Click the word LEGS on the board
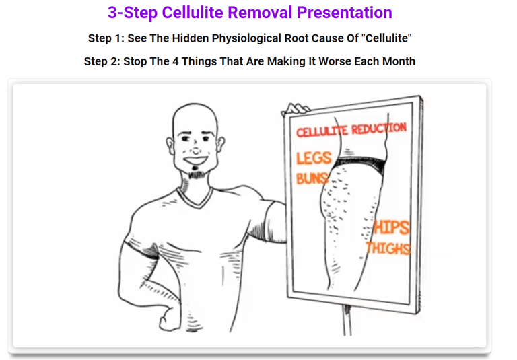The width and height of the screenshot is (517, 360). (x=314, y=158)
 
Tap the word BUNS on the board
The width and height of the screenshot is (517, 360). (x=312, y=178)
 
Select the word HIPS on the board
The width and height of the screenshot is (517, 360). (x=391, y=227)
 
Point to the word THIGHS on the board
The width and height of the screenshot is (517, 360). (x=388, y=248)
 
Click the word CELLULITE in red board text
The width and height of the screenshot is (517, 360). (x=322, y=131)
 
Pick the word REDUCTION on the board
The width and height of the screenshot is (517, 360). (x=379, y=128)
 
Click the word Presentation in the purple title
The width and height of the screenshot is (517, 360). (x=345, y=13)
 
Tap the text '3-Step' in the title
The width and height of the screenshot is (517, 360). (x=133, y=13)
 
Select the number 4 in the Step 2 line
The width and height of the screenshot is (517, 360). (x=176, y=61)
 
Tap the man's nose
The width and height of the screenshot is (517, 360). (x=196, y=149)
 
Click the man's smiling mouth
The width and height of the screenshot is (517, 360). (x=196, y=160)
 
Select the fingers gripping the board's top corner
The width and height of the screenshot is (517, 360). (x=297, y=109)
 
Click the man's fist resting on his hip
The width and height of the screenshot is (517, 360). (x=169, y=319)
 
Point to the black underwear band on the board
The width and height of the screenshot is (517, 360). (x=360, y=164)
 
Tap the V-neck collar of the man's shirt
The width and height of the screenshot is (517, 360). (x=195, y=198)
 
